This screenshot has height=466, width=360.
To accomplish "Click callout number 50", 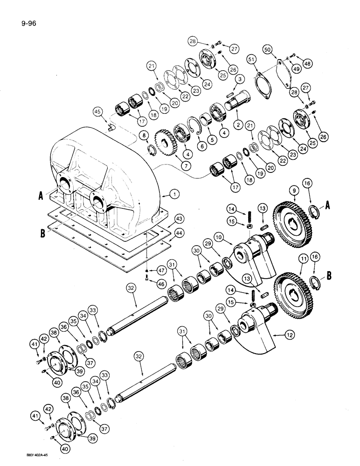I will [281, 49].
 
